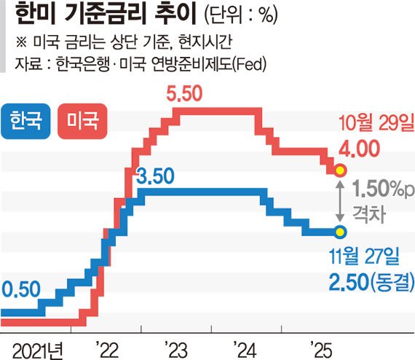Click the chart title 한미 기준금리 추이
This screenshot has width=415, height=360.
pos(100,15)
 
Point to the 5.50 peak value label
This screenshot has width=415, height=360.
pos(186,93)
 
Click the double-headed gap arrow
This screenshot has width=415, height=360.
pos(339,201)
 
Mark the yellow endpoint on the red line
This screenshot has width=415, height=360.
pos(340,171)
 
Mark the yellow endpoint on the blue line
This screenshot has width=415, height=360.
pos(340,232)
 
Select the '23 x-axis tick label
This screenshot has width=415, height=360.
pos(175,345)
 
